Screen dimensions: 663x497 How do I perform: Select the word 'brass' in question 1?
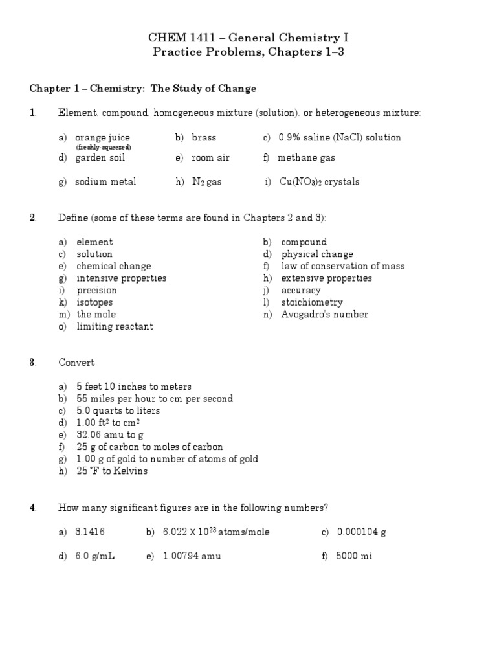(x=204, y=137)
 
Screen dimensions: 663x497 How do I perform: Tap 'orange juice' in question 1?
(x=102, y=137)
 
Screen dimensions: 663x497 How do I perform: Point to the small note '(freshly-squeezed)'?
(x=104, y=147)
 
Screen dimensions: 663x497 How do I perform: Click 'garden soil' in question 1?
(x=100, y=157)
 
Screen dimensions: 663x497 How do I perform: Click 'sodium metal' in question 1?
(x=105, y=182)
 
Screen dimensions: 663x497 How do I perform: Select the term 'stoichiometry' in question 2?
(x=312, y=302)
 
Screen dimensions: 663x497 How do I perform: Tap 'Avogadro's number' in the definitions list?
(x=324, y=315)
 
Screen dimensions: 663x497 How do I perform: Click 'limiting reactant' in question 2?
(x=115, y=326)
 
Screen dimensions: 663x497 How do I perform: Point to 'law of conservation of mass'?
(x=343, y=266)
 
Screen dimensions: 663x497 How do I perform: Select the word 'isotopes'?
(x=94, y=302)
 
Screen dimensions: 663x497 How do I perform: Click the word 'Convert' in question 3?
(x=76, y=363)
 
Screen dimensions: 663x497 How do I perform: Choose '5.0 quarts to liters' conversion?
(x=118, y=410)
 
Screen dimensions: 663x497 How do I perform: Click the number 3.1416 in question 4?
(x=90, y=532)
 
